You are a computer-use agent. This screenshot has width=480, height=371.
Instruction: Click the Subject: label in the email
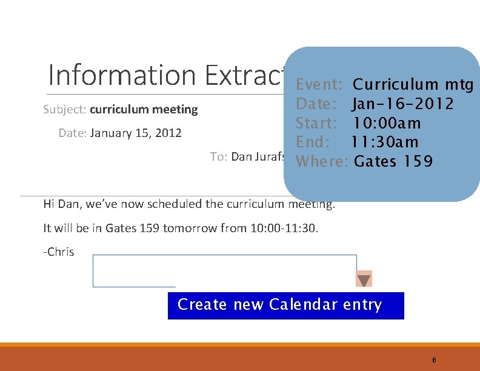(65, 110)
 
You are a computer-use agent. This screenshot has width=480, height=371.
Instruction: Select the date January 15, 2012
(136, 133)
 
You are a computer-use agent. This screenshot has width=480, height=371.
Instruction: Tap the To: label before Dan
(218, 156)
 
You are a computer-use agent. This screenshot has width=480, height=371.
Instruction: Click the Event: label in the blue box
(321, 84)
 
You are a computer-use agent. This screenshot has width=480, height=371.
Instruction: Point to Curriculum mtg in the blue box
(413, 84)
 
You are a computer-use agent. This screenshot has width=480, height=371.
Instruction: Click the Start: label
(316, 123)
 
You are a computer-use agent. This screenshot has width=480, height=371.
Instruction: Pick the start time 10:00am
(387, 123)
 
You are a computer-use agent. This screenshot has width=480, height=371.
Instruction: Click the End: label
(313, 142)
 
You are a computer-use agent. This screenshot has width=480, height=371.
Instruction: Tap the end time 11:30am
(385, 142)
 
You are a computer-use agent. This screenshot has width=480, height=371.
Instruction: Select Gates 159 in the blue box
(393, 162)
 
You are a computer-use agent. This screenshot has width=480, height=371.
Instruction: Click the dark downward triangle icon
(364, 279)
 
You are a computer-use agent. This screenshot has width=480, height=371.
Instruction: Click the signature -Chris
(59, 252)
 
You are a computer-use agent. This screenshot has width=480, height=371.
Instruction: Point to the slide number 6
(434, 359)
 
